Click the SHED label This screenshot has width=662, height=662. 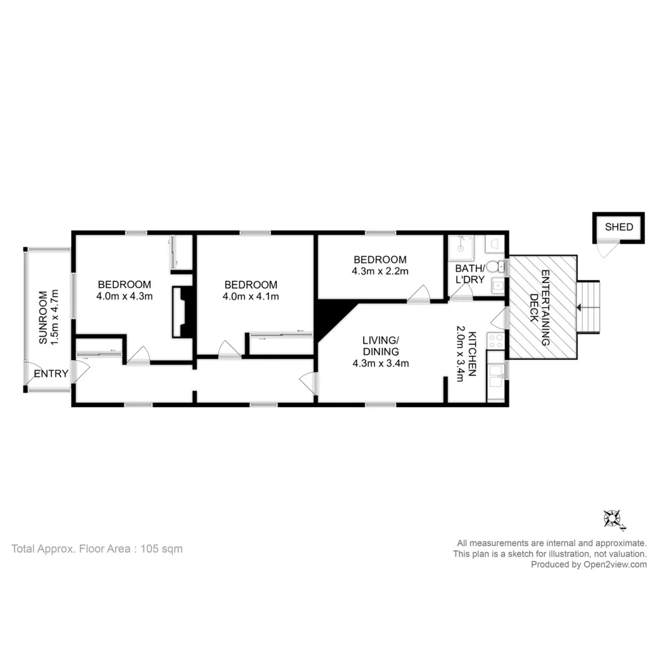[x=618, y=227]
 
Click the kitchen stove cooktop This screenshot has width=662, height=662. [x=495, y=341]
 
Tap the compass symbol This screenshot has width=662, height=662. [x=612, y=519]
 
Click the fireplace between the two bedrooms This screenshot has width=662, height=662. [x=183, y=311]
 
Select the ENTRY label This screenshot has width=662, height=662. [x=51, y=373]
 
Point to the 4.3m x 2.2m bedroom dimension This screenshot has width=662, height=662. [x=379, y=271]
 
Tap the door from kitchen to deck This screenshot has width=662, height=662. [x=500, y=318]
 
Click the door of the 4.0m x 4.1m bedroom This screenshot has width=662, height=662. [x=229, y=350]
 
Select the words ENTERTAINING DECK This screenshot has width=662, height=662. [x=539, y=308]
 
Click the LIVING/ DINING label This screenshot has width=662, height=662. [x=380, y=346]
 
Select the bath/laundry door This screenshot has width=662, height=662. [x=460, y=294]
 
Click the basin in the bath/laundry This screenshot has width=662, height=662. [x=498, y=286]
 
